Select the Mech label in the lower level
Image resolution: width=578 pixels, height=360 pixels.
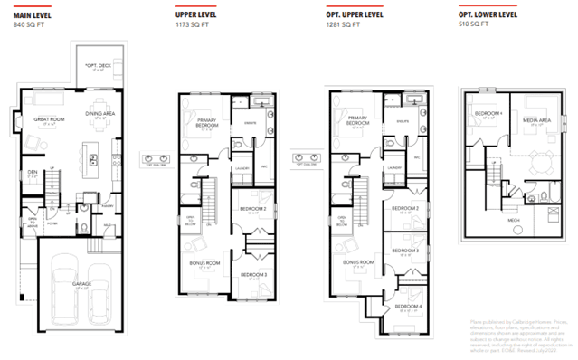512,219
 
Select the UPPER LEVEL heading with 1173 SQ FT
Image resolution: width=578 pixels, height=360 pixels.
196,15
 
